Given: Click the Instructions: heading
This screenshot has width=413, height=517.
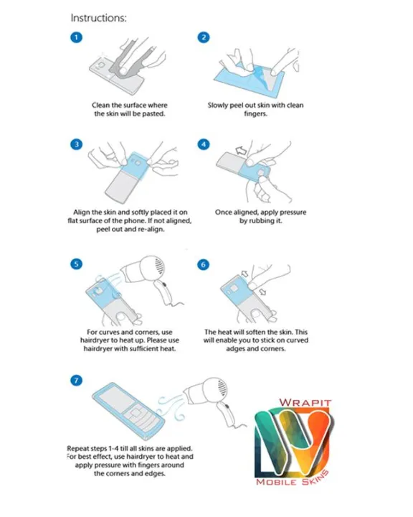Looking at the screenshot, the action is (x=98, y=18).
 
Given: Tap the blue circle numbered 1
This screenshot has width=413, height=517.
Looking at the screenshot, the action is (x=77, y=37).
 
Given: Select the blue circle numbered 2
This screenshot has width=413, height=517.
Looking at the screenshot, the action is (x=204, y=37).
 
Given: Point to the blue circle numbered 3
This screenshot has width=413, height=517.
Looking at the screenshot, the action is (x=77, y=144).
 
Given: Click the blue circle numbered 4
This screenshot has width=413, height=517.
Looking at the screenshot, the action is (x=204, y=144).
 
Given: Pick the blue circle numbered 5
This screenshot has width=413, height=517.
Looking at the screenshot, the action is (x=77, y=264).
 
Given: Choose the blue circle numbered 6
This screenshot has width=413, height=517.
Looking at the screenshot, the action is (x=203, y=264).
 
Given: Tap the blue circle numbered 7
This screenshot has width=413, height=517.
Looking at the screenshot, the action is (x=77, y=381).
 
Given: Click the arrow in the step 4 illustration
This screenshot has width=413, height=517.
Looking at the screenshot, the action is (x=241, y=151).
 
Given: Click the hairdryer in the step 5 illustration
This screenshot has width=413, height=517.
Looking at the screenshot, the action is (x=148, y=277).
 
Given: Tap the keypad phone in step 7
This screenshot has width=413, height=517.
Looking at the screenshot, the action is (x=128, y=411).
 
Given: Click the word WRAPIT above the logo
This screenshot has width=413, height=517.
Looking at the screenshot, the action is (x=305, y=403).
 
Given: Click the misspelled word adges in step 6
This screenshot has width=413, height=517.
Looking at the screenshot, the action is (x=237, y=349).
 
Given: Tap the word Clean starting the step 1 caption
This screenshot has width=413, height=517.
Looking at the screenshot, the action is (x=100, y=105).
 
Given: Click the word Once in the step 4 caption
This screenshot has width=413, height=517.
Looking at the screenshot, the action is (x=224, y=213).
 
